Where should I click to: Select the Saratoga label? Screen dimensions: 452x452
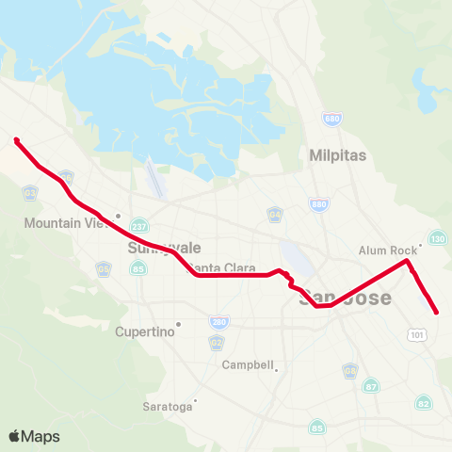[x=166, y=407]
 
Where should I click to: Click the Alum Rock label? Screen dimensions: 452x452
[x=386, y=250]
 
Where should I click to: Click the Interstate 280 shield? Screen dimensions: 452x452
[x=218, y=321]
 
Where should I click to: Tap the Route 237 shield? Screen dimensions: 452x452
[x=140, y=226]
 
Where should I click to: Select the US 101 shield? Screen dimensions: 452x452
[x=417, y=334]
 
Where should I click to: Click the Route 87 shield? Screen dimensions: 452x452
[x=372, y=386]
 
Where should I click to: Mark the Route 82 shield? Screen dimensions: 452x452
[x=423, y=403]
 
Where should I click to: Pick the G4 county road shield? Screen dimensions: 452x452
[x=274, y=214]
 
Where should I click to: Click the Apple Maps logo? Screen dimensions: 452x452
[x=34, y=436]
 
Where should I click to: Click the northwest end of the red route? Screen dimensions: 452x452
[x=17, y=140]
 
